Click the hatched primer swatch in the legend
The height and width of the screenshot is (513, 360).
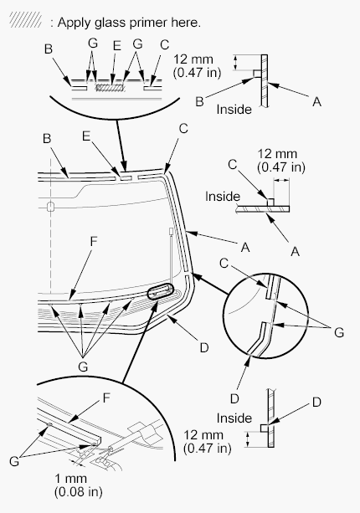pyautogui.click(x=25, y=19)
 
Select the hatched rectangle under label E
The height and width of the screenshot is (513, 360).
pyautogui.click(x=110, y=88)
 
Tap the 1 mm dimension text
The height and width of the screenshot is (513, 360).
pyautogui.click(x=71, y=479)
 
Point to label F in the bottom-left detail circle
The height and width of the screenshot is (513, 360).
pyautogui.click(x=106, y=398)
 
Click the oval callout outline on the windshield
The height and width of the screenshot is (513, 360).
pyautogui.click(x=161, y=291)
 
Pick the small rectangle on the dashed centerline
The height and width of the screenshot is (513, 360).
pyautogui.click(x=50, y=207)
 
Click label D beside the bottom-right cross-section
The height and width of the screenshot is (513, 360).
pyautogui.click(x=316, y=402)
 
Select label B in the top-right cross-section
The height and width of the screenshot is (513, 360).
pyautogui.click(x=199, y=101)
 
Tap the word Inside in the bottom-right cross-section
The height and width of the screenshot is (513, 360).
pyautogui.click(x=234, y=418)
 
